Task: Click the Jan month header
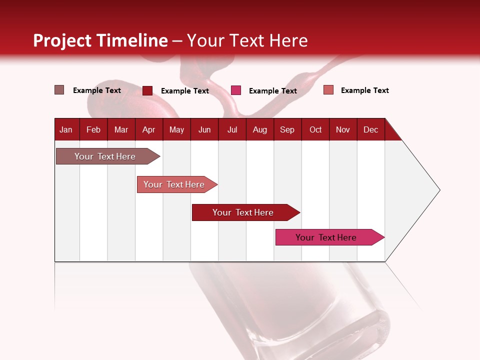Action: (66, 129)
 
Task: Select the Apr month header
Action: (148, 129)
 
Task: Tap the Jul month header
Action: (232, 129)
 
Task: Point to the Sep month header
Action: (287, 129)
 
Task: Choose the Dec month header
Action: (370, 129)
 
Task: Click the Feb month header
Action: (93, 129)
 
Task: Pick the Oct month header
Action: (315, 129)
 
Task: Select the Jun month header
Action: (204, 129)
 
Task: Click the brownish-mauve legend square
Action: (59, 90)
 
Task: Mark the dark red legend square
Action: (147, 90)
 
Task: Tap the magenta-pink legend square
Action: (236, 90)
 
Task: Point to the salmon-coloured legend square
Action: (328, 90)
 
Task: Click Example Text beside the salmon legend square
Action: (364, 90)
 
